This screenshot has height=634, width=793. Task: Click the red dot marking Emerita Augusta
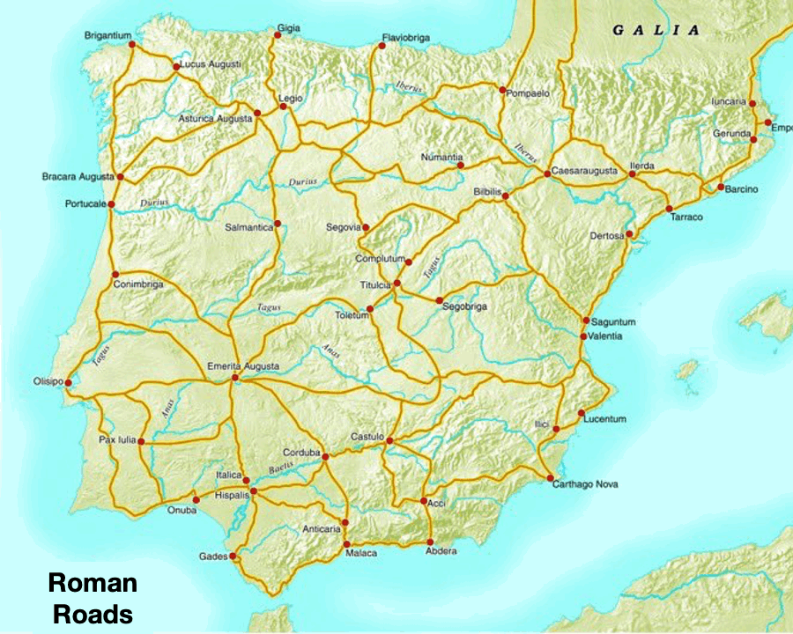[x=234, y=378]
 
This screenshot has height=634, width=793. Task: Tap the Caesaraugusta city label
[x=584, y=169]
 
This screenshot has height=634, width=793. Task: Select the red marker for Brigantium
[x=130, y=44]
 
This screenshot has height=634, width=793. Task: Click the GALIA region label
[x=656, y=30]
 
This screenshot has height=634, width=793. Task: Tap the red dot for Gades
[x=233, y=557]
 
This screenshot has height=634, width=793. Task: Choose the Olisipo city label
[x=48, y=381]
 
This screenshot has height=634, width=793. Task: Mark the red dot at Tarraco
[x=671, y=208]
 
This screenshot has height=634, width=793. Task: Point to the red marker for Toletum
[x=370, y=308]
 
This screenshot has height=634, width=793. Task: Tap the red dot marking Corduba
[x=326, y=456]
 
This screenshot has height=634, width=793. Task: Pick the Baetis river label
[x=281, y=467]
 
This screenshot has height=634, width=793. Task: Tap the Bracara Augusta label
[x=78, y=177]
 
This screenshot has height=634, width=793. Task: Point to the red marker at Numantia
[x=460, y=165]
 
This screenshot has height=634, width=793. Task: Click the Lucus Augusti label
[x=211, y=65]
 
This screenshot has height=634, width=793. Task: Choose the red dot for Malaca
[x=345, y=542]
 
